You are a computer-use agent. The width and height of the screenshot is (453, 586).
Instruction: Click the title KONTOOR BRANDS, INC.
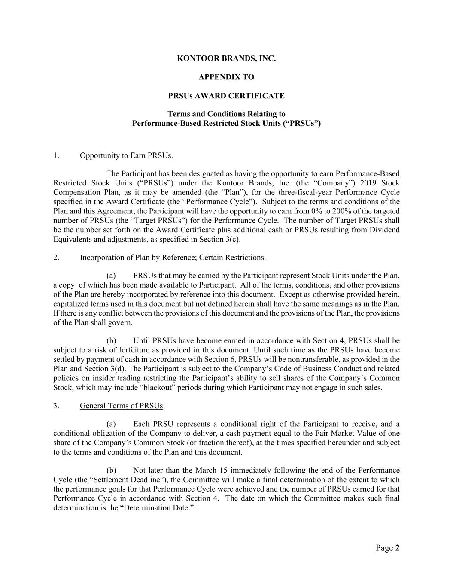[x=226, y=58]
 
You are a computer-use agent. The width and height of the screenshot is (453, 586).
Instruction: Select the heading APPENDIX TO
[x=226, y=77]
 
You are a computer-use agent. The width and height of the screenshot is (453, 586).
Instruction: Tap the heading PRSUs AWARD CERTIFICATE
[x=226, y=96]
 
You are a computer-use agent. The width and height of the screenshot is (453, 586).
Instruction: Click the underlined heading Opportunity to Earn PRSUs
[x=126, y=155]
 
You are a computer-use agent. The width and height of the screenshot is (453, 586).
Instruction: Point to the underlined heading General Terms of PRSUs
[x=122, y=406]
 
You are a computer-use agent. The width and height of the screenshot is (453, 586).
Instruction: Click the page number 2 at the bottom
[x=397, y=548]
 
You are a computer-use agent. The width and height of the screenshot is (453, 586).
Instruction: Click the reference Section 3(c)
[x=219, y=239]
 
